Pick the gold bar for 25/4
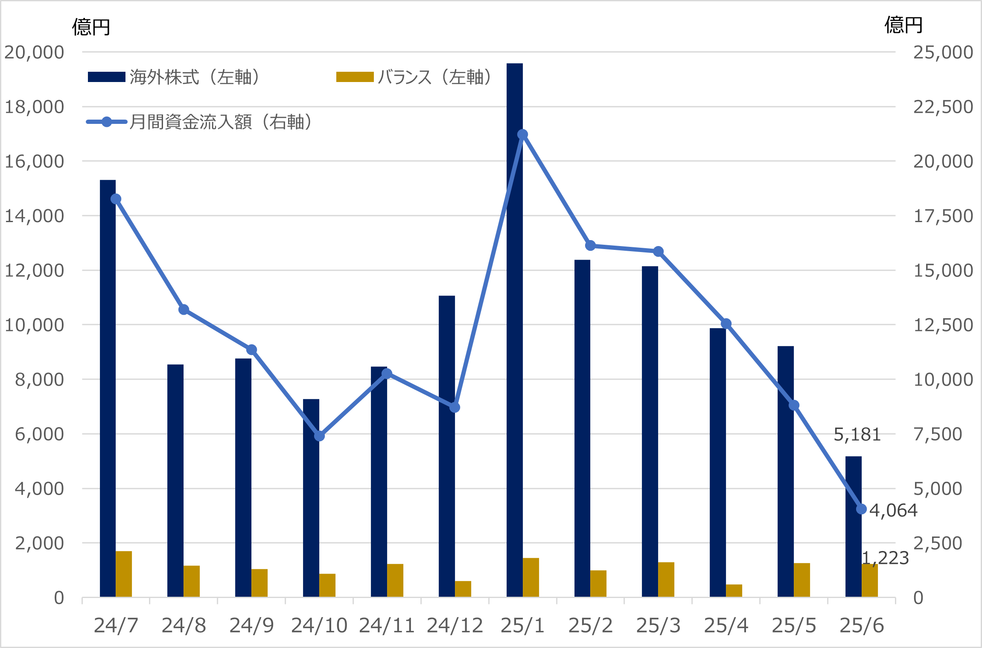pyautogui.click(x=734, y=590)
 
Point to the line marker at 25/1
pyautogui.click(x=522, y=135)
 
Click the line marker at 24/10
pyautogui.click(x=319, y=436)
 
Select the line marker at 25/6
pyautogui.click(x=861, y=509)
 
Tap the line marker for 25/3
pyautogui.click(x=658, y=252)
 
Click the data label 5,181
pyautogui.click(x=857, y=435)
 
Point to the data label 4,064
pyautogui.click(x=893, y=510)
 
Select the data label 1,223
pyautogui.click(x=885, y=558)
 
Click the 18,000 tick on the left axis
pyautogui.click(x=34, y=107)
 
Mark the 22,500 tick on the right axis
pyautogui.click(x=943, y=107)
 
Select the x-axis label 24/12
pyautogui.click(x=455, y=626)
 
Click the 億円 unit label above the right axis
pyautogui.click(x=903, y=25)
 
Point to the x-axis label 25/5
pyautogui.click(x=793, y=626)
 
